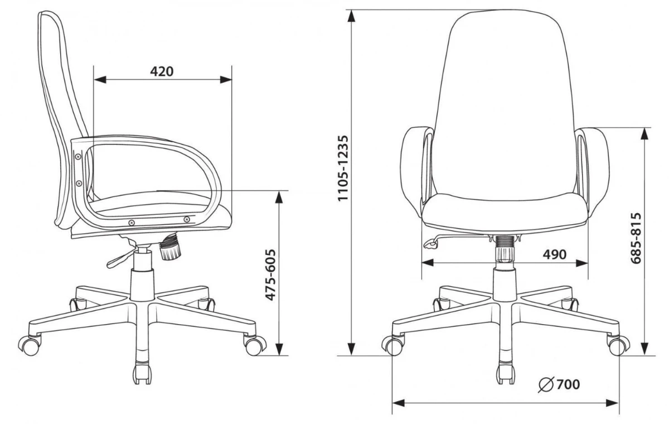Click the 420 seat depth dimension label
162,71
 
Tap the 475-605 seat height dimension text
270,274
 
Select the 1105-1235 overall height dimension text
343,168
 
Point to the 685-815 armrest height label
636,238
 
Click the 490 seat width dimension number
554,254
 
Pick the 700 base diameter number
568,384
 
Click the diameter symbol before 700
546,384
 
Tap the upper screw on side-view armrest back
78,156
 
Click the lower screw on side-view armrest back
79,183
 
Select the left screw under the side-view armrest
132,223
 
